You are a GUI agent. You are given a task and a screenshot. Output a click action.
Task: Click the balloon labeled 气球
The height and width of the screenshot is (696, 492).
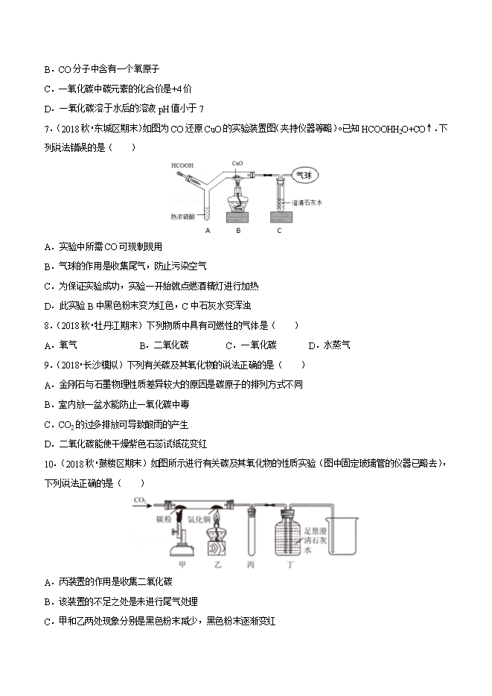(x=304, y=176)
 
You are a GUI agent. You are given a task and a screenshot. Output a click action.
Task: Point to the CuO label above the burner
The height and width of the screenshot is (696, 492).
(x=238, y=162)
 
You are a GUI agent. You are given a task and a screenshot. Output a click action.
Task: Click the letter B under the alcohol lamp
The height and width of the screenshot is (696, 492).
(x=238, y=231)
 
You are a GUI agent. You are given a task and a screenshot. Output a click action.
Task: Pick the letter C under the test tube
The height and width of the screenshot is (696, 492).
(x=278, y=231)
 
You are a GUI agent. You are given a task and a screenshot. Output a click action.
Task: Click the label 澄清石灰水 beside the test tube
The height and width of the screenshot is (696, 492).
(x=306, y=202)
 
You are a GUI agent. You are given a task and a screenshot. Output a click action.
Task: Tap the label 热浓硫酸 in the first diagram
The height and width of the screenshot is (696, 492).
(x=182, y=217)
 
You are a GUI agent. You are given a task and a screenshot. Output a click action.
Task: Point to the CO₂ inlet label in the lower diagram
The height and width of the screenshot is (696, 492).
(x=139, y=501)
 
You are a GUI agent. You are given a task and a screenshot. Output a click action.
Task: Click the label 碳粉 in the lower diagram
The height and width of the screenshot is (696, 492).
(x=164, y=519)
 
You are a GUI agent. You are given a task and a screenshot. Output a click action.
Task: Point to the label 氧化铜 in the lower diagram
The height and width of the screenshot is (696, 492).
(x=200, y=519)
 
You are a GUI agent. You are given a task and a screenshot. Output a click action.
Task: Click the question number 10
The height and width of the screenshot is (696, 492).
(x=49, y=463)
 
